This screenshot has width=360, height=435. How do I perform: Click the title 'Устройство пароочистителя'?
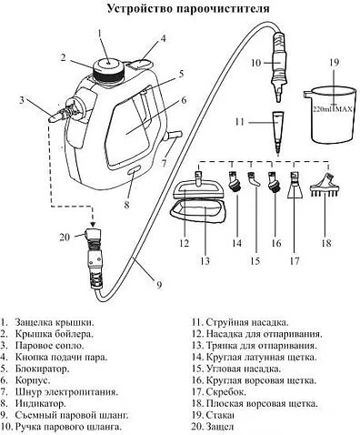coord(181,10)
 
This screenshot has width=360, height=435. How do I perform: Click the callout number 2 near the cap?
coord(64,57)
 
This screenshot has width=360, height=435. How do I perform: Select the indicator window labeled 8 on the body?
coord(133,171)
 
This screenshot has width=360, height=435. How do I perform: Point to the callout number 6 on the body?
coord(183,101)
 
